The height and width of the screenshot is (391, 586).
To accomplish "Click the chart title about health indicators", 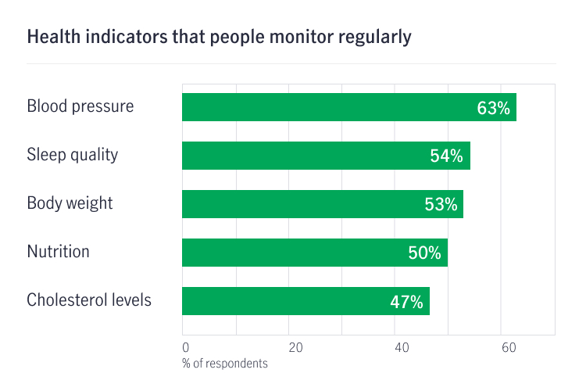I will pyautogui.click(x=219, y=37).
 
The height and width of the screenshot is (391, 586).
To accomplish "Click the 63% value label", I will pyautogui.click(x=493, y=108).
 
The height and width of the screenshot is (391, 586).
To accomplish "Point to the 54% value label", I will pyautogui.click(x=447, y=156).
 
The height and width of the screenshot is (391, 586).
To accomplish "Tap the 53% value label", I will pyautogui.click(x=441, y=205).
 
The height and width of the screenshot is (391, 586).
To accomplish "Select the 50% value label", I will pyautogui.click(x=424, y=253).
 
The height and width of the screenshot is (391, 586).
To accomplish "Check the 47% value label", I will pyautogui.click(x=406, y=302).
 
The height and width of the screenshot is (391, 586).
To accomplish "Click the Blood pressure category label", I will pyautogui.click(x=80, y=106).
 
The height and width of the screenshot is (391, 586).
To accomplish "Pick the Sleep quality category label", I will pyautogui.click(x=73, y=155).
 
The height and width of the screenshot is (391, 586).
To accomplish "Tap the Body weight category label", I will pyautogui.click(x=70, y=203).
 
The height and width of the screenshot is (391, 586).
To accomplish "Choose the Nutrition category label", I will pyautogui.click(x=59, y=252).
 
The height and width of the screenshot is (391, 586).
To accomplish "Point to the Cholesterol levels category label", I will pyautogui.click(x=89, y=300).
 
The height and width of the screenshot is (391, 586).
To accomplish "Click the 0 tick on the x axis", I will pyautogui.click(x=185, y=347).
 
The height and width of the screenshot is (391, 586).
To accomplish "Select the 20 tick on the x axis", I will pyautogui.click(x=295, y=347).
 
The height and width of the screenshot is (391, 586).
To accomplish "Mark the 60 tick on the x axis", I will pyautogui.click(x=508, y=347).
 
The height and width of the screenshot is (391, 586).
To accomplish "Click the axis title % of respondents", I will pyautogui.click(x=225, y=364).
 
